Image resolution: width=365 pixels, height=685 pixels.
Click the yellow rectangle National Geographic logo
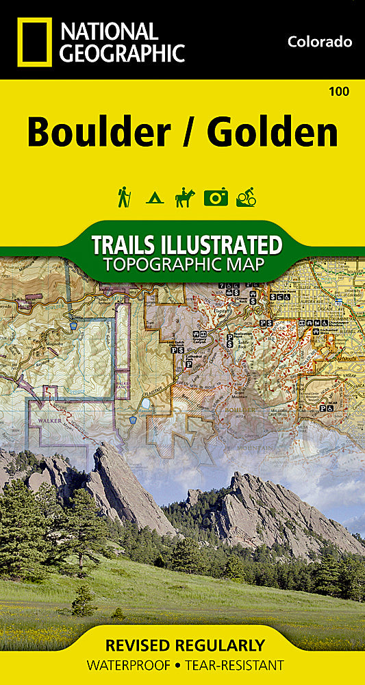33,42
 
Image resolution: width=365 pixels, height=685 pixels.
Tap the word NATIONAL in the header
109,31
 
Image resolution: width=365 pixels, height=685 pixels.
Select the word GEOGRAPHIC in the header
123,53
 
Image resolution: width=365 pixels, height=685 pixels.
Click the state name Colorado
320,42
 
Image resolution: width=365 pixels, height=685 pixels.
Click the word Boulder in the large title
97,132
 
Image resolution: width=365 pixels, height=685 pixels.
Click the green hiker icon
124,197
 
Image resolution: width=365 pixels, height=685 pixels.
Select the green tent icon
153,199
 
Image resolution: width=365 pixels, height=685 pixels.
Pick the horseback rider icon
184,197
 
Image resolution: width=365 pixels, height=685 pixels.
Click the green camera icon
215,198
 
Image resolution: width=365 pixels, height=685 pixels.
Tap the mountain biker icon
245,198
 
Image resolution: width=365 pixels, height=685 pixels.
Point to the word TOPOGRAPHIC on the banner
162,264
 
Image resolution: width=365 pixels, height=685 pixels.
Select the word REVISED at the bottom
140,645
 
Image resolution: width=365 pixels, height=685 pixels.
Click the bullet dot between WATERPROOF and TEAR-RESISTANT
181,665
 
